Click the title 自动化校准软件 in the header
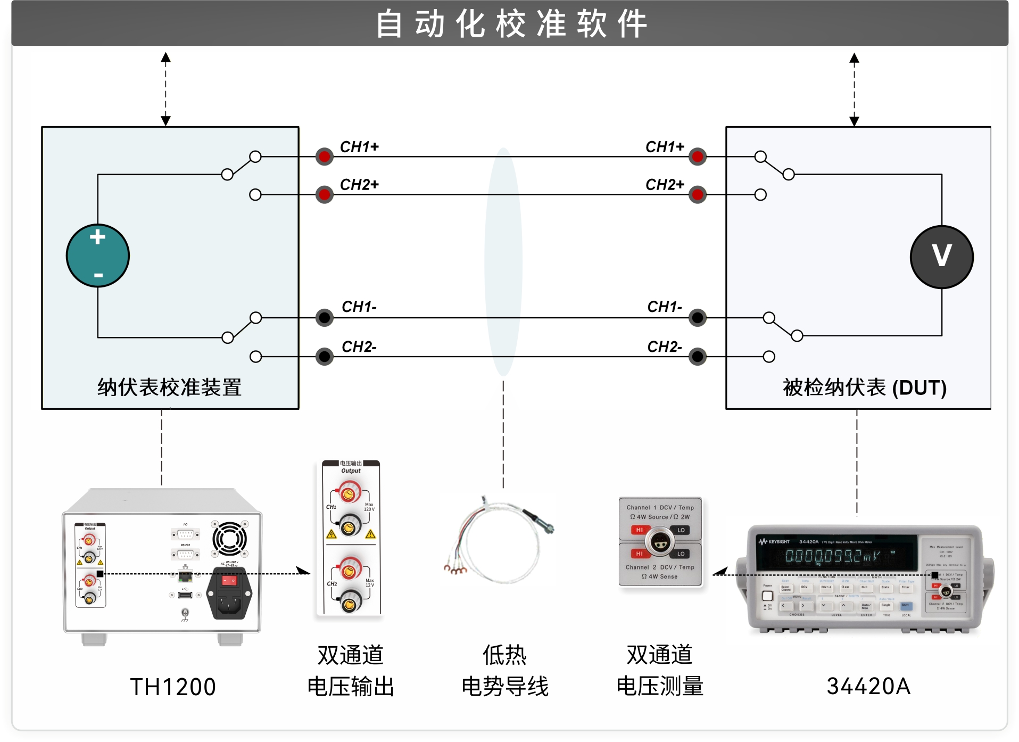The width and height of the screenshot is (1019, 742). tap(511, 24)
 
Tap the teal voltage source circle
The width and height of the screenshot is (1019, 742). tap(98, 256)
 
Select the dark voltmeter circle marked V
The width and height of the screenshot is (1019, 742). tap(941, 257)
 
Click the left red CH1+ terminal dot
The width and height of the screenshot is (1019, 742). tap(324, 156)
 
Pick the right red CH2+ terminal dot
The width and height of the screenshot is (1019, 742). tap(697, 195)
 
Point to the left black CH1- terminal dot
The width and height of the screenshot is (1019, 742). tap(324, 318)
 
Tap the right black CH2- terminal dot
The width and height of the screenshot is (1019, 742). tap(697, 356)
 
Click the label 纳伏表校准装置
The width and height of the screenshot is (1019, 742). tap(169, 387)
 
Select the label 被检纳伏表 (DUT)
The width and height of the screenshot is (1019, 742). tap(864, 387)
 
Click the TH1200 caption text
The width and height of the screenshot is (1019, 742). tap(173, 687)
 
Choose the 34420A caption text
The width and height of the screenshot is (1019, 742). tap(868, 686)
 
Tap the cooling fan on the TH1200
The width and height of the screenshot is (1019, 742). tap(229, 539)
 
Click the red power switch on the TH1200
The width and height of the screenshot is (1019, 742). tap(229, 581)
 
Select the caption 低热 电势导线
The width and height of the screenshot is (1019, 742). tap(505, 671)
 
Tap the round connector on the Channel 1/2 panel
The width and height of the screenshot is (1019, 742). tap(660, 542)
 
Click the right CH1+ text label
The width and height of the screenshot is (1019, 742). tap(665, 147)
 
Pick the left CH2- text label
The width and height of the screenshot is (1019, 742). tap(359, 347)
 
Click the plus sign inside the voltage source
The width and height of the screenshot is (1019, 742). tap(97, 237)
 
